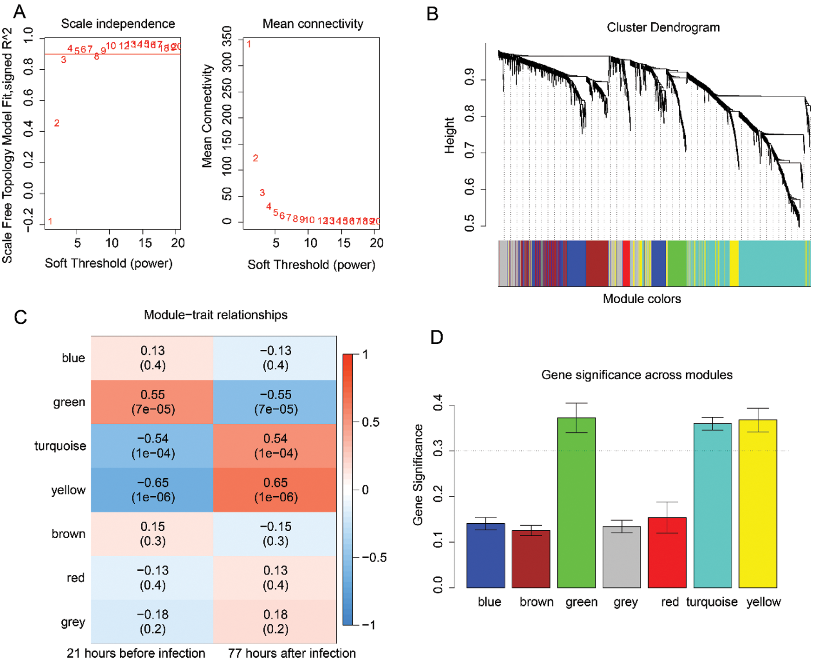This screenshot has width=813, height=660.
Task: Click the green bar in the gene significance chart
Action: pos(576,502)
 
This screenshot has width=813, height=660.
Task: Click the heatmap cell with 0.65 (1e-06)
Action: pos(275,490)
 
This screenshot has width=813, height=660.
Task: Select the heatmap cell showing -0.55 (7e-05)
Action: pos(275,402)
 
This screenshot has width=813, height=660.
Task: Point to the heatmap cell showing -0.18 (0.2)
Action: pos(152,622)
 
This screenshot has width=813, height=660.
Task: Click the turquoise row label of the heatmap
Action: pos(60,446)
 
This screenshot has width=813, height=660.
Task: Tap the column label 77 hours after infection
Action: pos(292,653)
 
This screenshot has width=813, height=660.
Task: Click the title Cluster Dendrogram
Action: pos(663,27)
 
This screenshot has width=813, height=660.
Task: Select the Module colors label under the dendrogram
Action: pos(642,299)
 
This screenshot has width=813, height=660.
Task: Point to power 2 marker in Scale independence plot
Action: pos(57,123)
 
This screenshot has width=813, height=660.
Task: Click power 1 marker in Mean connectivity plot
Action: pos(249,44)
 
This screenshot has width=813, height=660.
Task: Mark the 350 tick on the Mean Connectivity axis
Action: pos(227,35)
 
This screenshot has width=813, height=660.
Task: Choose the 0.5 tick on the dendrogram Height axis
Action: pos(469,223)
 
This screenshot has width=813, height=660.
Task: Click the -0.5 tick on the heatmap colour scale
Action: pos(374,557)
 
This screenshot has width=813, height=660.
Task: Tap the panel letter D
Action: pos(437,337)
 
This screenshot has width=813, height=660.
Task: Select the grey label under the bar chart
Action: pos(625,602)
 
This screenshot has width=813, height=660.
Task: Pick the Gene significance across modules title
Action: pos(636,375)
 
